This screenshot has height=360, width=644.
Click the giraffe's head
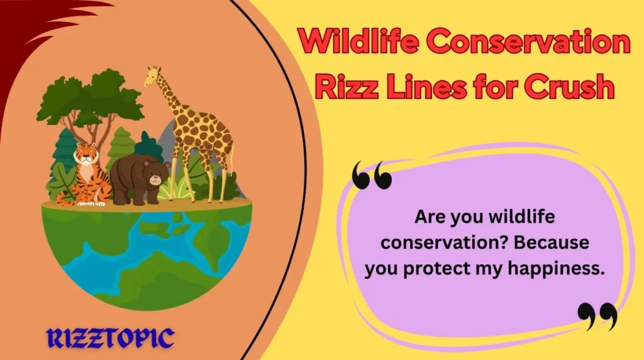(153, 77)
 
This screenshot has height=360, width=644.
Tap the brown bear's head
(156, 173)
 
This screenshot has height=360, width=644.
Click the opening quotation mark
(372, 175)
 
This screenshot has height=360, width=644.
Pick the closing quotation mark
(597, 316)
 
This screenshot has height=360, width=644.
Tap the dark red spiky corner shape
(31, 25)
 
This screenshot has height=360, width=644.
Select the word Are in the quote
(428, 217)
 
